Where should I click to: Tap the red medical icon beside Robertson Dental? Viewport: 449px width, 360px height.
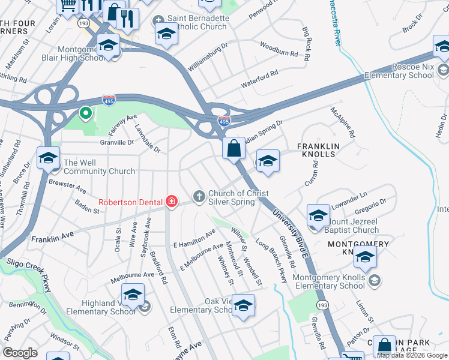click(172, 200)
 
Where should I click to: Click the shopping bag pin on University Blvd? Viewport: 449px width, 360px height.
click(233, 148)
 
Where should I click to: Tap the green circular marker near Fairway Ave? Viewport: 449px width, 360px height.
click(86, 112)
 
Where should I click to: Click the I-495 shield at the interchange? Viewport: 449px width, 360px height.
click(223, 121)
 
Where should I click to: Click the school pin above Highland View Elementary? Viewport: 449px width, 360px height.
click(133, 294)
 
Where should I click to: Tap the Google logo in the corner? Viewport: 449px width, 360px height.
click(20, 352)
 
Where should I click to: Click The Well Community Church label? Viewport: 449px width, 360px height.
click(99, 167)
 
